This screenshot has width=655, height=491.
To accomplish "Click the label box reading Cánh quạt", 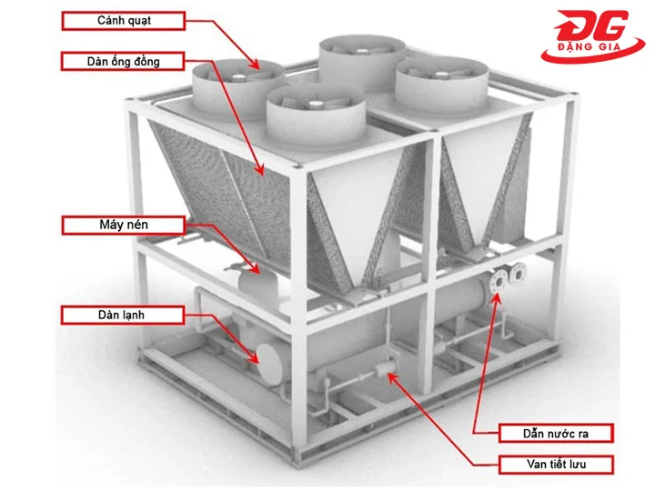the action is tap(123, 20).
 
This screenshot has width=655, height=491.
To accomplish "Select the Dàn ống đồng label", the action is tap(123, 62).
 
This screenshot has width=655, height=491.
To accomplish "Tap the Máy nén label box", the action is tap(123, 225).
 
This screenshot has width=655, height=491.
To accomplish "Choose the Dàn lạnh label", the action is tap(123, 315).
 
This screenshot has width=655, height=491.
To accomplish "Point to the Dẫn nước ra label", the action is tap(556, 434).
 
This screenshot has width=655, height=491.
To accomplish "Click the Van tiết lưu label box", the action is tap(556, 465).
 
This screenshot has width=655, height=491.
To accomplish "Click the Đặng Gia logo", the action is tap(592, 36).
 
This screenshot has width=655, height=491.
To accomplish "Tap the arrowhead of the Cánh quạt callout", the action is tap(255, 65).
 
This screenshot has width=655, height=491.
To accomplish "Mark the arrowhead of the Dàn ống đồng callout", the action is tap(260, 169).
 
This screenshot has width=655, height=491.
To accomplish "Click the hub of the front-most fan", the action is tap(315, 103).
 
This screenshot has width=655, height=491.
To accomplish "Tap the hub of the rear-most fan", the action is tap(362, 51).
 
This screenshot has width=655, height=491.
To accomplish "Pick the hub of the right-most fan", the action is tap(440, 76).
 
